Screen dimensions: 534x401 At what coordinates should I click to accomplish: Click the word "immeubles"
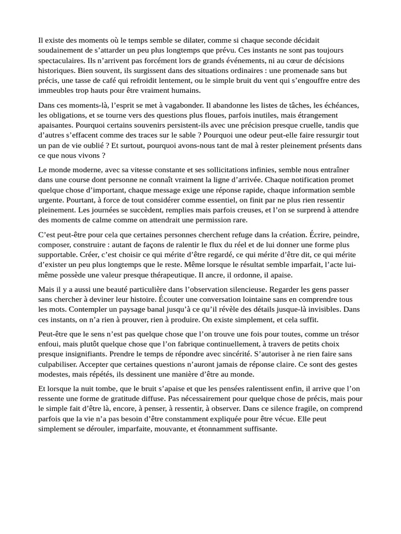click(x=55, y=90)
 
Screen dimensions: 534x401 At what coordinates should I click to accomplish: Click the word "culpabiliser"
click(x=60, y=363)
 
